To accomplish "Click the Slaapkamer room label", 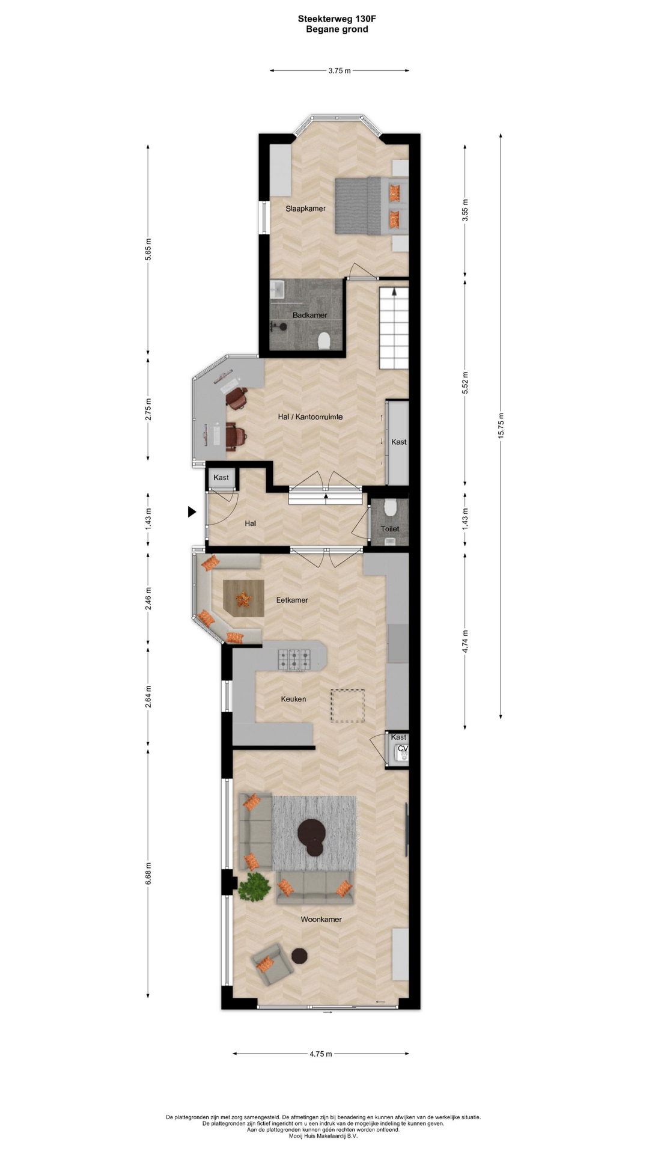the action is click(x=305, y=209).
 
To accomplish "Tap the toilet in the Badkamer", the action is click(x=324, y=341).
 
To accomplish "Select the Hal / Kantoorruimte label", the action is click(x=310, y=417).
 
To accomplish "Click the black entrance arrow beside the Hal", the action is click(x=192, y=512).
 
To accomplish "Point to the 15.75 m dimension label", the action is click(x=501, y=426).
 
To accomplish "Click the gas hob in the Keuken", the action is click(x=294, y=659).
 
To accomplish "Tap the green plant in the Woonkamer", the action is click(x=254, y=886).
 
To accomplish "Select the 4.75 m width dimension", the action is click(x=320, y=1054).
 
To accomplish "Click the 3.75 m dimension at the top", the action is click(x=340, y=70).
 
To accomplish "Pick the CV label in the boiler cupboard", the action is click(x=403, y=748).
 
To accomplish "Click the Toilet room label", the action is click(x=389, y=529).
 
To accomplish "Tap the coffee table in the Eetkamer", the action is click(x=243, y=598).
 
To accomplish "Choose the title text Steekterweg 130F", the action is click(x=337, y=19).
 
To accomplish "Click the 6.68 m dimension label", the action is click(x=148, y=873).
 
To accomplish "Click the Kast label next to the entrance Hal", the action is click(x=221, y=478).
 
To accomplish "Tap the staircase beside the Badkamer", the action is click(x=394, y=328).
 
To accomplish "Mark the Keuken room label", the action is click(x=293, y=699).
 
